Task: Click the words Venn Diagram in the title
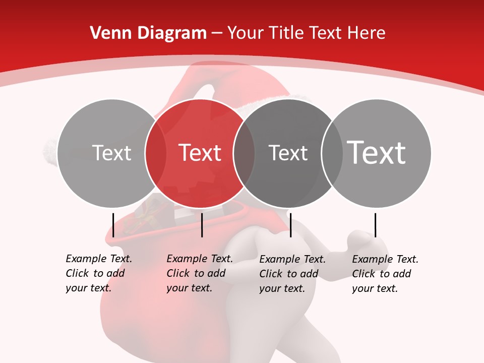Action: [148, 33]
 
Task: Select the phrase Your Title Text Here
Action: [306, 33]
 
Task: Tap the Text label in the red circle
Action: [200, 153]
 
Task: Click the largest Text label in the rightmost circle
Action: [376, 152]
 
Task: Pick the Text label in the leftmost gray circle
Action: [111, 153]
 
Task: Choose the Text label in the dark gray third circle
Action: [288, 153]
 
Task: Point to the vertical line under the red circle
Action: [202, 225]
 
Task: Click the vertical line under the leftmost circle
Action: [113, 225]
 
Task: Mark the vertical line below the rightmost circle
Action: [376, 225]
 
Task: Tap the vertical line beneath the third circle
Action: [290, 225]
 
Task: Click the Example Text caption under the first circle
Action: [99, 273]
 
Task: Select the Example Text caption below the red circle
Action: [200, 273]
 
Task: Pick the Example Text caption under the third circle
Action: [292, 274]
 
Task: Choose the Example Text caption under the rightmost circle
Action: [385, 274]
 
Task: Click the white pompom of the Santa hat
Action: [51, 150]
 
